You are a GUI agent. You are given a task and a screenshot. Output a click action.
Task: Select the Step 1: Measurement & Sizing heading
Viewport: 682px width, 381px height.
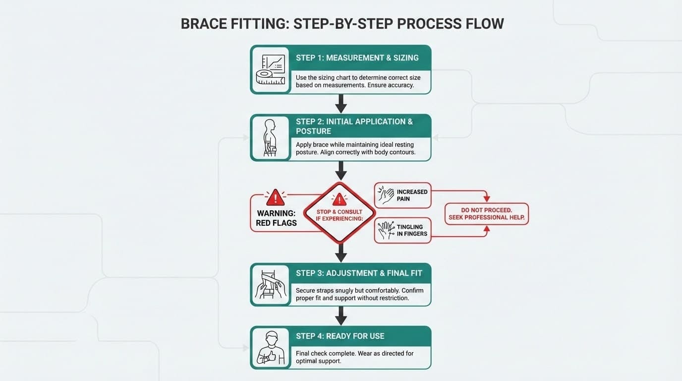point(357,58)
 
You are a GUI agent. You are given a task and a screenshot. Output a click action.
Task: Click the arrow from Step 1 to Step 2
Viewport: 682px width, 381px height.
point(341,103)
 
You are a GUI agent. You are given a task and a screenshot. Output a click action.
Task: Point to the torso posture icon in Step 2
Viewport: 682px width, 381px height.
point(270,138)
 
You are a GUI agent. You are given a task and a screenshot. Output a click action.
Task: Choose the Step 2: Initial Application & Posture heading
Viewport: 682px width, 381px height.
point(354,126)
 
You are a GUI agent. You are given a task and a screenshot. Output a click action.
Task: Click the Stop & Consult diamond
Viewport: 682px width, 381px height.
point(340,212)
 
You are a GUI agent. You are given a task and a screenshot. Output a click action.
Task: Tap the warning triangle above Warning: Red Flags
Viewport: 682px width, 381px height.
point(276,197)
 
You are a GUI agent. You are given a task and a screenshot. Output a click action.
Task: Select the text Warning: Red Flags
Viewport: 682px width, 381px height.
point(276,218)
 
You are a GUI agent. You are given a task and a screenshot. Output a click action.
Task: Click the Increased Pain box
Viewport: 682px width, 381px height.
point(402,195)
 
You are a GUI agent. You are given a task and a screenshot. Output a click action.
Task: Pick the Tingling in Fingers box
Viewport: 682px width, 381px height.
point(402,231)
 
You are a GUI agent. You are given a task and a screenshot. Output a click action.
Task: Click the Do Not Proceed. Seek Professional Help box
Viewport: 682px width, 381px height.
point(486,214)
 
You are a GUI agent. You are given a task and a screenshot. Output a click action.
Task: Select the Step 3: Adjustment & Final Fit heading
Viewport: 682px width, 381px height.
point(359,273)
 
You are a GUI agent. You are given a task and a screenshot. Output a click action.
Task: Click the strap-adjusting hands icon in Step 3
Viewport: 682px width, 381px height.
point(271,284)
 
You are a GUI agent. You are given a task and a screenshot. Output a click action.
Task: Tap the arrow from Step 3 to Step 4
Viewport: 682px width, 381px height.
point(341,316)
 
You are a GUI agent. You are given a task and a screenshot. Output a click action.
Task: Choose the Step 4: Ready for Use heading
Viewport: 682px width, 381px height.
point(340,336)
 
